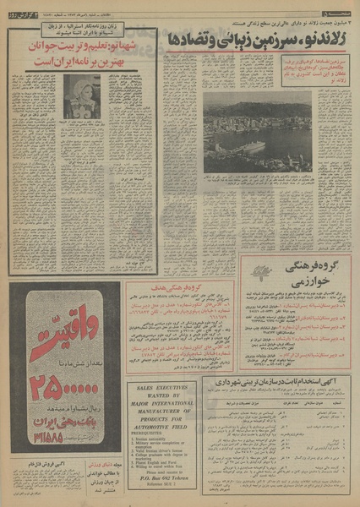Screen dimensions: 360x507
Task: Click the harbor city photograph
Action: coord(257,131)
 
